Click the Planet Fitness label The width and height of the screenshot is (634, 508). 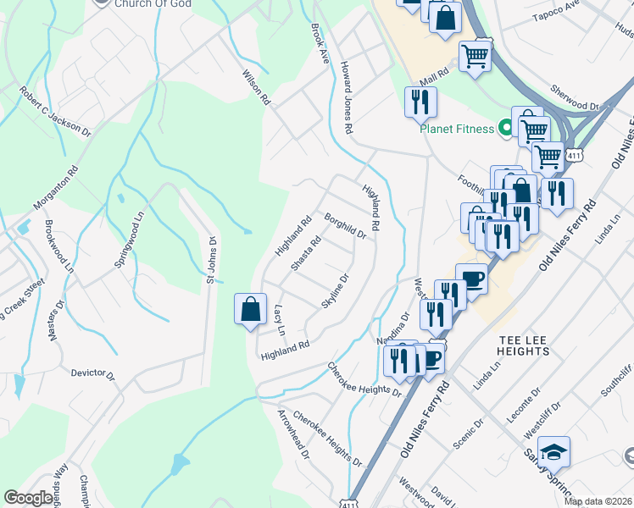tap(456, 129)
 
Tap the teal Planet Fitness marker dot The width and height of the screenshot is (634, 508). tap(506, 129)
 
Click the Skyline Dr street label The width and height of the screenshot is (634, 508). tap(336, 290)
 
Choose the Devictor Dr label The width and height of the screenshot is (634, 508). tap(92, 373)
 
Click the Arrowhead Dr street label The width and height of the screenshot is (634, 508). tap(293, 433)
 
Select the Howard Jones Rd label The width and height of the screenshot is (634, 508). tap(346, 97)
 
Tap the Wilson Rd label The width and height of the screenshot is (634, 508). tap(257, 87)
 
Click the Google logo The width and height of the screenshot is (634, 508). tap(29, 498)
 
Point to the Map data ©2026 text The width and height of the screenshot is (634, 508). tap(598, 501)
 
